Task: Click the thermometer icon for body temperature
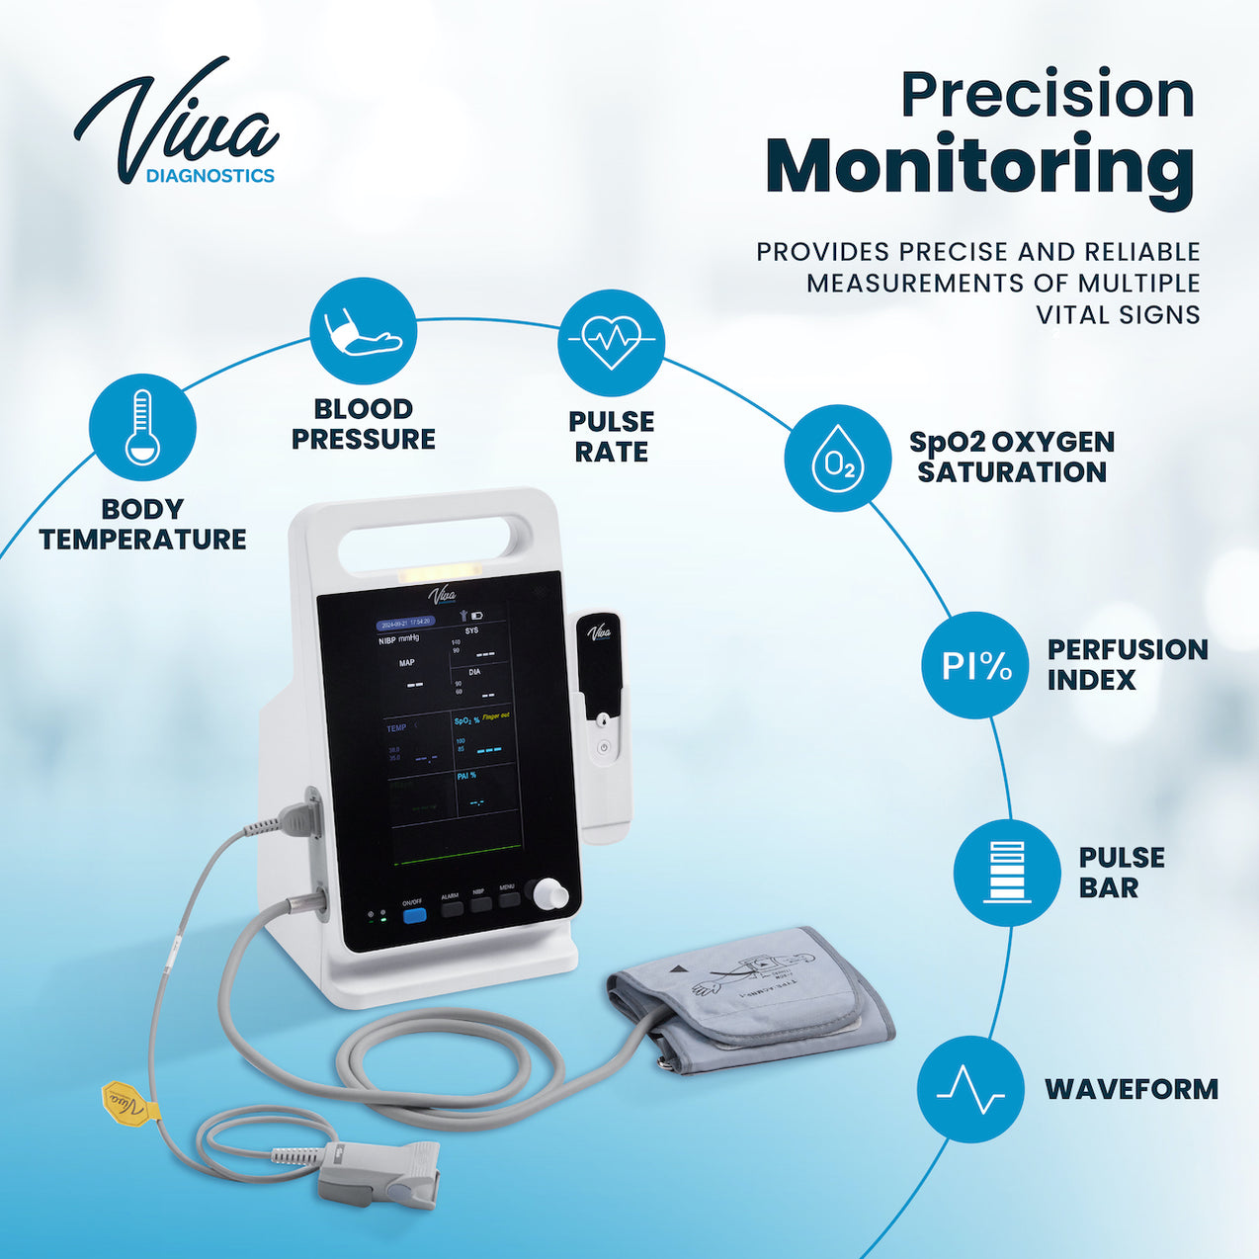[x=142, y=427]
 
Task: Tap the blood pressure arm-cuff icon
[x=363, y=331]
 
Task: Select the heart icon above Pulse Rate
[x=611, y=342]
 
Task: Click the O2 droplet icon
[x=837, y=458]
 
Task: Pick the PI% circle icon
[x=975, y=665]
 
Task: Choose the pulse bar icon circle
[x=1006, y=873]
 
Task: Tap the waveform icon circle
[x=969, y=1089]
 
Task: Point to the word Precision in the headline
[x=1047, y=95]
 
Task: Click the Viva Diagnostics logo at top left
[x=177, y=124]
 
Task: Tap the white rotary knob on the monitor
[x=549, y=894]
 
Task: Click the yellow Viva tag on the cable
[x=129, y=1103]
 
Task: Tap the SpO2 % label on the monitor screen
[x=466, y=720]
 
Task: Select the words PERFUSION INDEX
[x=1127, y=664]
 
